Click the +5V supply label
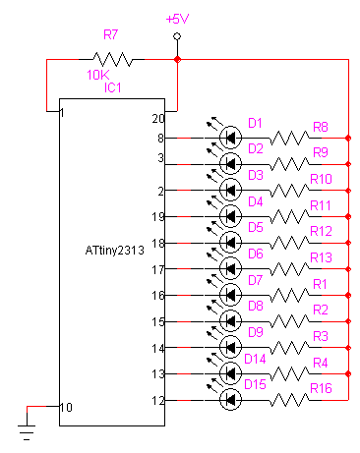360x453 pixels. click(177, 20)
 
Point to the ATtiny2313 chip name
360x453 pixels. click(115, 251)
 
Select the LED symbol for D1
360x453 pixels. click(230, 138)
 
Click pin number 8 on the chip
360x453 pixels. click(160, 139)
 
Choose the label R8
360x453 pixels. click(320, 127)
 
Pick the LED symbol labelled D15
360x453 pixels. click(230, 399)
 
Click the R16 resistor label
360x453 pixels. click(322, 389)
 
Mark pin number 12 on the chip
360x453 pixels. click(160, 400)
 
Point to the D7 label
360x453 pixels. click(255, 280)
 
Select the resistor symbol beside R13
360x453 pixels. click(289, 268)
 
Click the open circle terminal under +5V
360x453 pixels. click(177, 36)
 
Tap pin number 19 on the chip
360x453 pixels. click(160, 217)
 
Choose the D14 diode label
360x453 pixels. click(257, 359)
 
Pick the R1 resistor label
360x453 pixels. click(319, 284)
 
